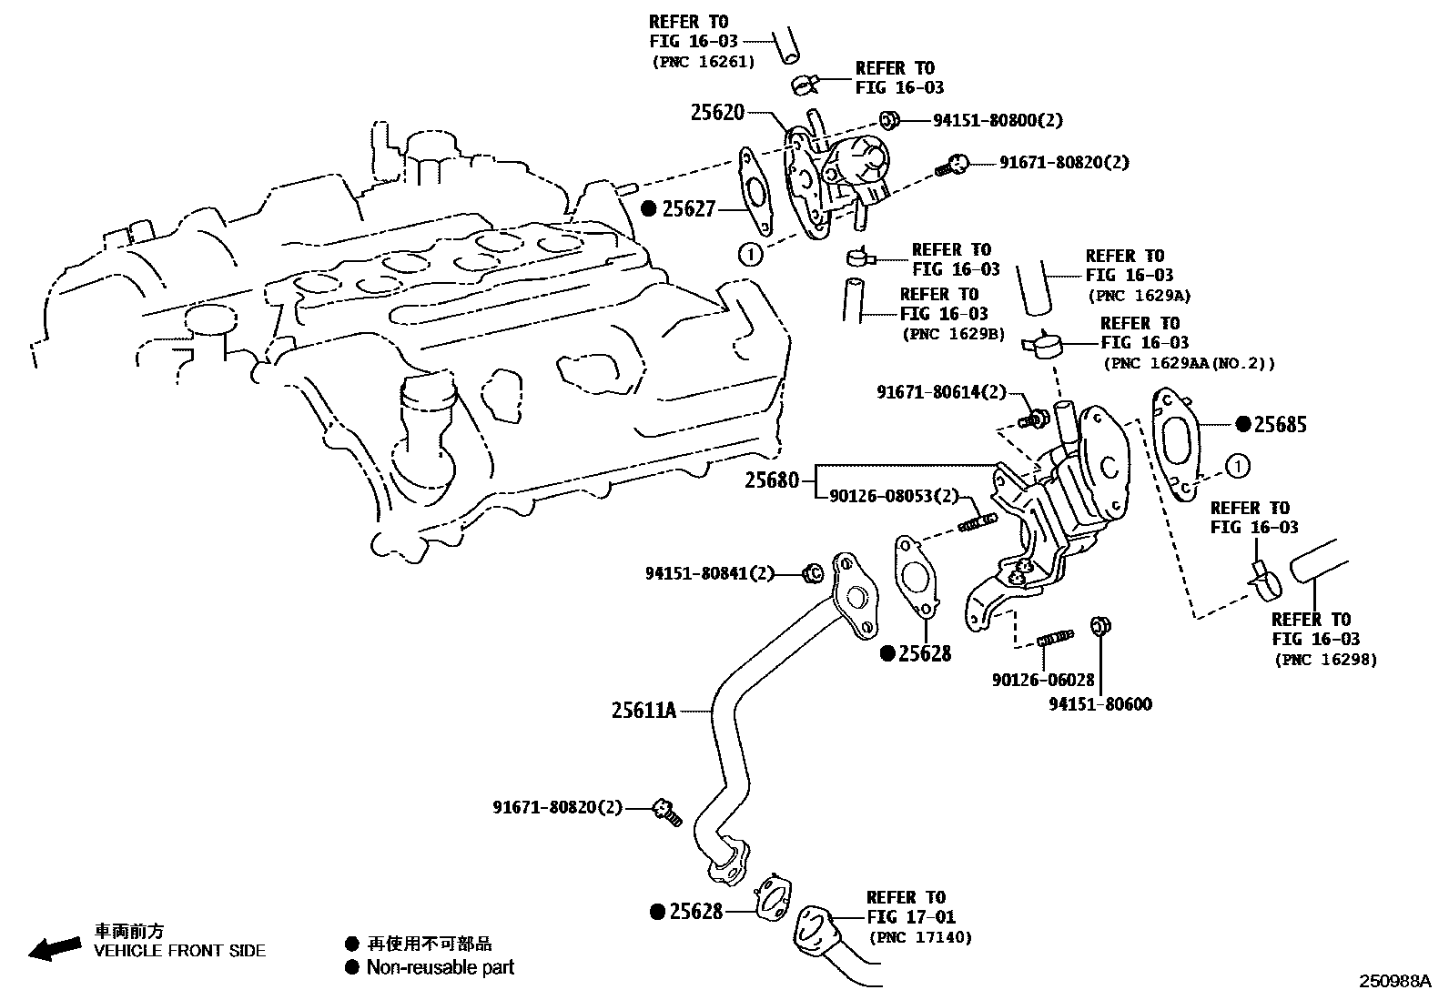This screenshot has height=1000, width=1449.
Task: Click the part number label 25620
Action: click(x=717, y=113)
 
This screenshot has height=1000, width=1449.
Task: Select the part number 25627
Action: click(x=689, y=209)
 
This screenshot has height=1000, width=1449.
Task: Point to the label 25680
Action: click(x=771, y=480)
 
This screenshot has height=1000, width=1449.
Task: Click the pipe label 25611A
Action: click(x=643, y=710)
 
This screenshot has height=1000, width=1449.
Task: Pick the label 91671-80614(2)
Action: click(x=941, y=392)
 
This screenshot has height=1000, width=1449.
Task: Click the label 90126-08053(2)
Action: click(x=895, y=496)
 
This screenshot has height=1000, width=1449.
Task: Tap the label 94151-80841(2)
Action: click(x=709, y=573)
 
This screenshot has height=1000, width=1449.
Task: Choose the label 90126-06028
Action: click(x=1043, y=680)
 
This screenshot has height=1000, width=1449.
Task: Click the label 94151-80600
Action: click(x=1100, y=703)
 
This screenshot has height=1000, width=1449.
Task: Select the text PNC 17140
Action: click(x=920, y=937)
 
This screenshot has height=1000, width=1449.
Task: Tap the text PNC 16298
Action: click(x=1325, y=660)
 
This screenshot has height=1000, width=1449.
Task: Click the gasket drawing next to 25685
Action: click(x=1179, y=446)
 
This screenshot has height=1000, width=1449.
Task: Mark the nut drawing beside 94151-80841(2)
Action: click(x=813, y=573)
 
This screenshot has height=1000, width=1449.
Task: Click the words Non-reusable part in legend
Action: click(x=440, y=968)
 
